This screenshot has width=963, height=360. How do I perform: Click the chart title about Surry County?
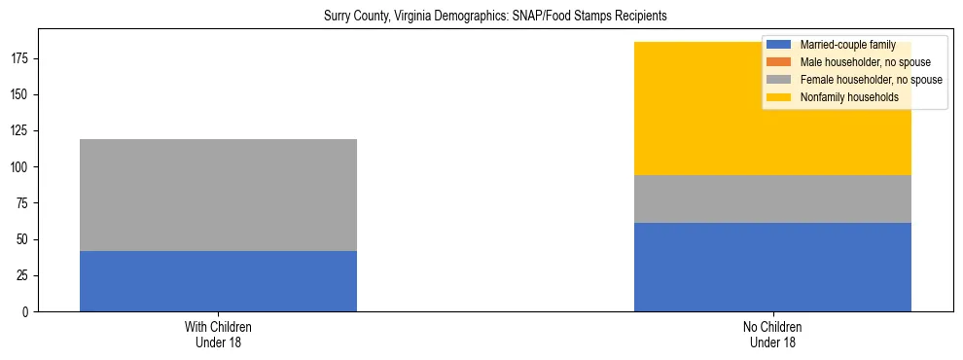[496, 17]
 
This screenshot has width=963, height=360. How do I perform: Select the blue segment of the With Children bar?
[218, 281]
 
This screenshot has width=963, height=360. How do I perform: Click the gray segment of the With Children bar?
[218, 195]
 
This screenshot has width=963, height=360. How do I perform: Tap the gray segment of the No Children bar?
[772, 199]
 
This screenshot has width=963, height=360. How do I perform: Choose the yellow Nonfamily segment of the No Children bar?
[700, 109]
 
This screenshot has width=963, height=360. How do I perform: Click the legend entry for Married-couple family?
[844, 45]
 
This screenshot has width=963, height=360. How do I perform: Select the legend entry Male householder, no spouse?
[858, 62]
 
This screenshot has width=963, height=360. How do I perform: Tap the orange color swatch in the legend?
[780, 62]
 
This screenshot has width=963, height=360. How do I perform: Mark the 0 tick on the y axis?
[29, 312]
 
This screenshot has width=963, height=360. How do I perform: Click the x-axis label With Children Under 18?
[218, 335]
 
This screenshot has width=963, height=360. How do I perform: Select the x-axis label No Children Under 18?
[772, 335]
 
